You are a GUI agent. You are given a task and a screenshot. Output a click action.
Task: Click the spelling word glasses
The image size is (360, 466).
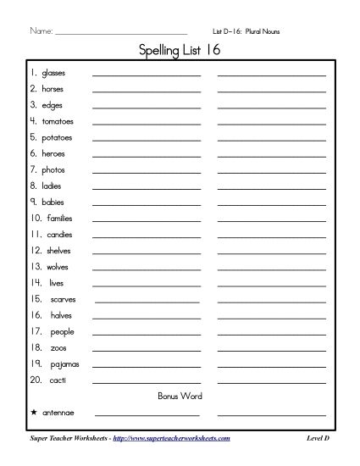(53, 74)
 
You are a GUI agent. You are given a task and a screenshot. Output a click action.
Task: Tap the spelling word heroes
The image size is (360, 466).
(53, 153)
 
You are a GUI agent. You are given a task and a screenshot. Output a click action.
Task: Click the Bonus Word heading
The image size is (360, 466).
(179, 396)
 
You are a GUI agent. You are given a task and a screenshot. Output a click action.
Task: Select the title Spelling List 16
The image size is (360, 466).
(180, 51)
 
